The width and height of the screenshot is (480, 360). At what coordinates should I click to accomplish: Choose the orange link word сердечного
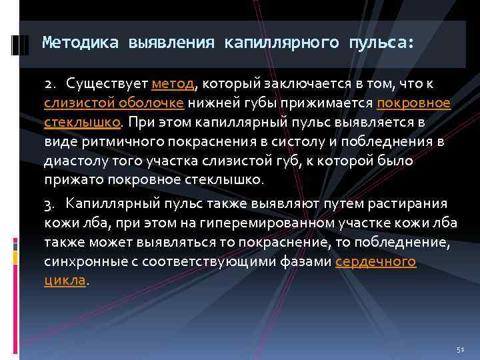tap(375, 261)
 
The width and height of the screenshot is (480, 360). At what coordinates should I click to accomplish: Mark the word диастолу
tap(72, 161)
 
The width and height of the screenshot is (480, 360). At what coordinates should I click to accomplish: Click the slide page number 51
tap(459, 349)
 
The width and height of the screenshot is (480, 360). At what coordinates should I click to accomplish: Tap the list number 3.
tap(49, 204)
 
